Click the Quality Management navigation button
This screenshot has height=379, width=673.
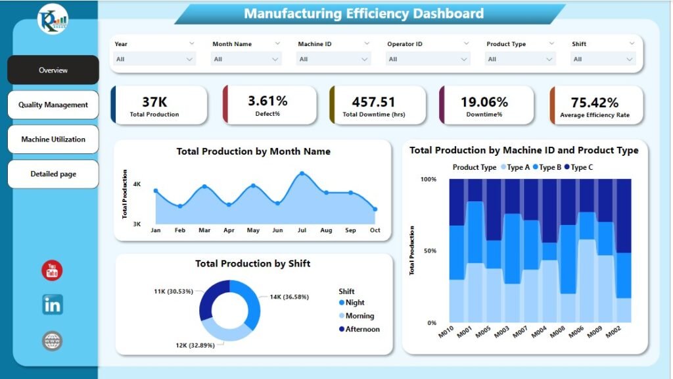point(53,105)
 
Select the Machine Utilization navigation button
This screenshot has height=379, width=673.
point(53,139)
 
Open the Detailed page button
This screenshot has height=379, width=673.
point(53,174)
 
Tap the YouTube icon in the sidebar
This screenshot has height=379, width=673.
point(52,270)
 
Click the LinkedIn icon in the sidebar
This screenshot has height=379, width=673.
point(52,305)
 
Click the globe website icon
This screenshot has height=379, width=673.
point(52,341)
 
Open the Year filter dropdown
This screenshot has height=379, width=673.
point(154,59)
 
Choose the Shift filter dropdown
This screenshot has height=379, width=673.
point(603,59)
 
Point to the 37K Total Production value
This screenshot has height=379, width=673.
point(154,101)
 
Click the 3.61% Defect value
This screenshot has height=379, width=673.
point(267,101)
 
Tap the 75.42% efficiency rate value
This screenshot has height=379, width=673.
point(594,103)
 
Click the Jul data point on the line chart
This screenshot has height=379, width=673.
point(302,174)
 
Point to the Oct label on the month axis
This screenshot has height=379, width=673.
point(375,230)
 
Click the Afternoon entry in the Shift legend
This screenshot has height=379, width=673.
point(362,329)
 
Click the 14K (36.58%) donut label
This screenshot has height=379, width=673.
point(290,297)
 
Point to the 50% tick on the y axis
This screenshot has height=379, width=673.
point(429,251)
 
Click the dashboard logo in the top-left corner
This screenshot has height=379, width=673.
point(53,18)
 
